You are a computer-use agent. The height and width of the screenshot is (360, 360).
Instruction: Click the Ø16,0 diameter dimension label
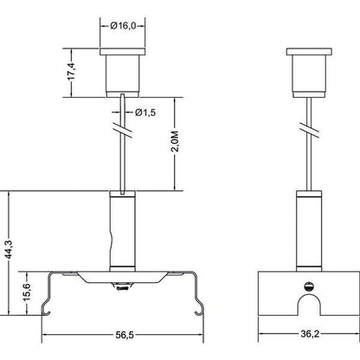click(123, 26)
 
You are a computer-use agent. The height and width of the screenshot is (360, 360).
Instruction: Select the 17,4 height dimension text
click(71, 72)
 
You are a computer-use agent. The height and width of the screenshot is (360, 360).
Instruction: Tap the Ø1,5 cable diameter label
click(145, 112)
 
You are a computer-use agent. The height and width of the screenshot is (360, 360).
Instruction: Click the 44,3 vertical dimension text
click(9, 251)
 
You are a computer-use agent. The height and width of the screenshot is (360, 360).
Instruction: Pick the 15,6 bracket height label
click(27, 292)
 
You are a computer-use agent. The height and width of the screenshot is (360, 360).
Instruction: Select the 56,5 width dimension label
click(125, 335)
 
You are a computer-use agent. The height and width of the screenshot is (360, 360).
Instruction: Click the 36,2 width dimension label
click(310, 334)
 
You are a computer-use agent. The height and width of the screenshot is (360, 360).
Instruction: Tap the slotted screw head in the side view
click(308, 286)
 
